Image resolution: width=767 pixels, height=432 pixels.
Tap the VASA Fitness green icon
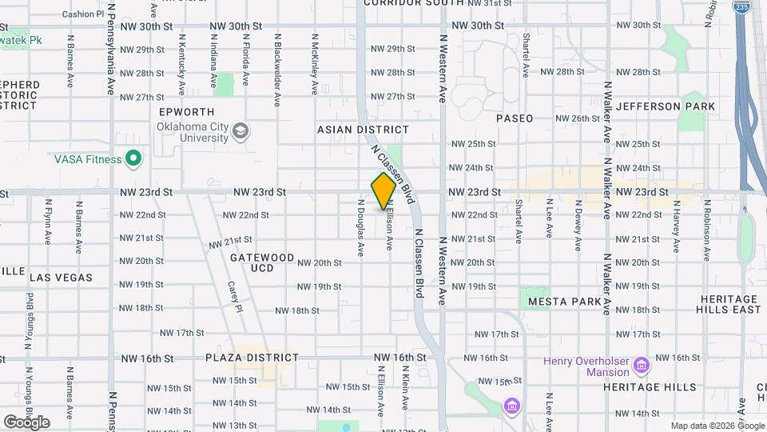point(133,159)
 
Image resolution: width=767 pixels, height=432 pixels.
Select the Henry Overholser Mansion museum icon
point(641,366)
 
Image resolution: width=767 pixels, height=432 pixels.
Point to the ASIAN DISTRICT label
point(363,130)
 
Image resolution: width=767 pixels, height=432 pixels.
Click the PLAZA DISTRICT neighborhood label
point(252,358)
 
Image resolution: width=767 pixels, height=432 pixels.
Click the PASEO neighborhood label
point(515,118)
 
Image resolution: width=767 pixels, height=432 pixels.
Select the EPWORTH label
point(186,112)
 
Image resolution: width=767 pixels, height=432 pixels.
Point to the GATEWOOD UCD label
point(262,262)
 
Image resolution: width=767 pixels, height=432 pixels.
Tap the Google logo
point(26,422)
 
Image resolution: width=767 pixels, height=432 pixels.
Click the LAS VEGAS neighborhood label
point(61,278)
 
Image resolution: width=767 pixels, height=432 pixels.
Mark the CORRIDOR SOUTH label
point(414,3)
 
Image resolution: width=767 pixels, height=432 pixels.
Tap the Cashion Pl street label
point(78,14)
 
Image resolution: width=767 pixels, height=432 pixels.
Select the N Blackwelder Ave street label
point(277,70)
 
